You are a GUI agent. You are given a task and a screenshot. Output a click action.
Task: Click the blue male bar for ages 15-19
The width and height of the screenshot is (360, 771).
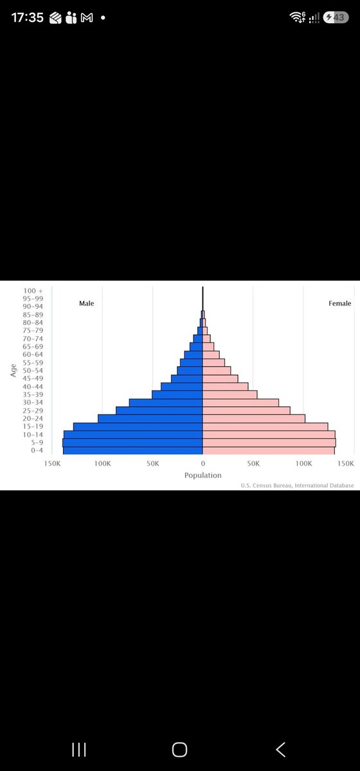pos(138,427)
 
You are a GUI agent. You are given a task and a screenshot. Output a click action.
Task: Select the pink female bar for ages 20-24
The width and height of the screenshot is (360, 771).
pos(254,418)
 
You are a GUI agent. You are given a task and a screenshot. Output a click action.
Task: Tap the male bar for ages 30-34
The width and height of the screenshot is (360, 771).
pos(166,403)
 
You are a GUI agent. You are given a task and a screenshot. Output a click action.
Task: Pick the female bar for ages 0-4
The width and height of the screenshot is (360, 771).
pos(268,450)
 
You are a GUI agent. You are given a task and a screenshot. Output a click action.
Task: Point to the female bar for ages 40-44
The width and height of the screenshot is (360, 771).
pos(225,387)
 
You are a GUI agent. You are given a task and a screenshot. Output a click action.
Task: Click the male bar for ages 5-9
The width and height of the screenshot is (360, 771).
pos(132,443)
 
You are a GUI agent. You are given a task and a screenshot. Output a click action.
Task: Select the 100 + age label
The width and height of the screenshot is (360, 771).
pos(33,291)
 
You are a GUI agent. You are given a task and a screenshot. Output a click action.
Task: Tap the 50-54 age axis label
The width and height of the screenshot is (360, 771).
pos(33,371)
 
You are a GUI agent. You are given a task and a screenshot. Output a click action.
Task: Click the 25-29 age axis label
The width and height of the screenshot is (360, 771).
pos(33,411)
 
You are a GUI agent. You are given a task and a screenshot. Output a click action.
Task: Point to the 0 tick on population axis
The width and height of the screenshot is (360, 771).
pos(203,463)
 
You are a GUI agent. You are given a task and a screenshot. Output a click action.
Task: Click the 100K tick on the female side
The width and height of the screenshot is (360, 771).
pos(303,463)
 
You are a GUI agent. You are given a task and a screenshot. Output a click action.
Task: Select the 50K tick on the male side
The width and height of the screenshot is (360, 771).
pos(152,463)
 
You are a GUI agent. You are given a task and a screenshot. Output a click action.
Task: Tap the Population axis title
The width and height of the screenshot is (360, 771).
pos(203,475)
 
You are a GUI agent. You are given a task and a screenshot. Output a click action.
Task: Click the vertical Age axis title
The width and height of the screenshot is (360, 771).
pos(14,370)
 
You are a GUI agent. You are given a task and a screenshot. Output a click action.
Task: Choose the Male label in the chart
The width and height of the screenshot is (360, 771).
pos(87,303)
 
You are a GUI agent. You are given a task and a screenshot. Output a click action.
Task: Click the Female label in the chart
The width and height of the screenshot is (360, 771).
pos(339,303)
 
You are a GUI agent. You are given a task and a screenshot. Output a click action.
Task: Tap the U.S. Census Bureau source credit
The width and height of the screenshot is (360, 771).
pos(297,485)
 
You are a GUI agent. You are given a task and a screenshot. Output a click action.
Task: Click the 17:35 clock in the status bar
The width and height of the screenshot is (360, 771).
pos(28,17)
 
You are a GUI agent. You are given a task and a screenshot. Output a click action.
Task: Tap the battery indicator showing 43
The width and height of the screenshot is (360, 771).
pos(336,17)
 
